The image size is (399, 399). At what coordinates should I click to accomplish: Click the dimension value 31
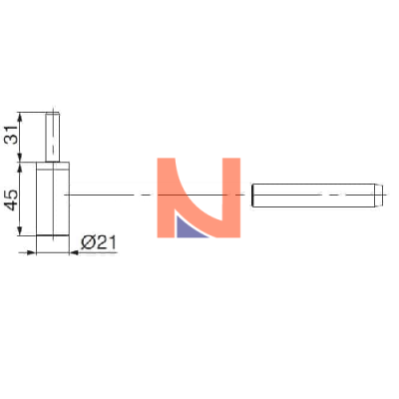[12, 135]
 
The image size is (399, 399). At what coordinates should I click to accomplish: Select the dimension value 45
[12, 199]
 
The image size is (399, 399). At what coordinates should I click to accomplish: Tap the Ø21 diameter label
[99, 242]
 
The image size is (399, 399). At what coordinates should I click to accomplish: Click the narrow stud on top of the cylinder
[53, 138]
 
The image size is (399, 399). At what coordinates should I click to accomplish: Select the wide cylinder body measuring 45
[53, 199]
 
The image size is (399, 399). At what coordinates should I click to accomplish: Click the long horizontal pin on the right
[317, 196]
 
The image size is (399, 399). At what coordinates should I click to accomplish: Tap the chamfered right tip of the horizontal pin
[380, 196]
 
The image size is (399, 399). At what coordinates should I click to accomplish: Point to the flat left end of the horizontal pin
[252, 196]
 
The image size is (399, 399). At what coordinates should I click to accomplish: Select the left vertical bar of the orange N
[166, 198]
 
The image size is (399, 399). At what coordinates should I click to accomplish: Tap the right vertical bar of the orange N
[231, 198]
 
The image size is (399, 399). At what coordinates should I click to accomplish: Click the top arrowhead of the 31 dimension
[20, 117]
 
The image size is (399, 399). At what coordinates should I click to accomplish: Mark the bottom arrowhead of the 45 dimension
[20, 231]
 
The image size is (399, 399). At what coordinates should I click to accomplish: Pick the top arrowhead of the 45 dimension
[20, 167]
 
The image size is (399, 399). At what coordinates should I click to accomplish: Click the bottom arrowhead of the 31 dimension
[20, 158]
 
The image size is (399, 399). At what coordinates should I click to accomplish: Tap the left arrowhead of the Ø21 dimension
[31, 253]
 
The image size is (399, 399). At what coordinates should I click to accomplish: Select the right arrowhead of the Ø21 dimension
[74, 253]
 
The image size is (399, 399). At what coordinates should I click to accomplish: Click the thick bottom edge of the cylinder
[53, 235]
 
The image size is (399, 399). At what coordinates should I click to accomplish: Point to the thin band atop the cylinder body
[53, 166]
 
